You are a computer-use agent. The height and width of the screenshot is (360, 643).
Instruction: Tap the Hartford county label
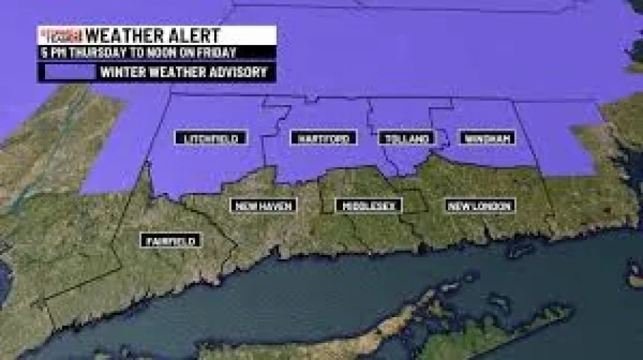324,138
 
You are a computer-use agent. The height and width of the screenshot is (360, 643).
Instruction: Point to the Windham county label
487,138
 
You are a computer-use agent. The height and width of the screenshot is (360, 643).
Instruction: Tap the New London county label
480,206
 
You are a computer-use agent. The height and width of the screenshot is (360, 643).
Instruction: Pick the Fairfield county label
171,240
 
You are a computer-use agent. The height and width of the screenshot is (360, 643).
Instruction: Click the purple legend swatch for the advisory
70,72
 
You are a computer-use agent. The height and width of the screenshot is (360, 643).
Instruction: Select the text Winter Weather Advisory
185,72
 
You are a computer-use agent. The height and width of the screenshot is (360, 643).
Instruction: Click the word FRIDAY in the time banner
216,52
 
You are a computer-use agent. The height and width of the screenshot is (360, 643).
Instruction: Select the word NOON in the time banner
165,52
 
